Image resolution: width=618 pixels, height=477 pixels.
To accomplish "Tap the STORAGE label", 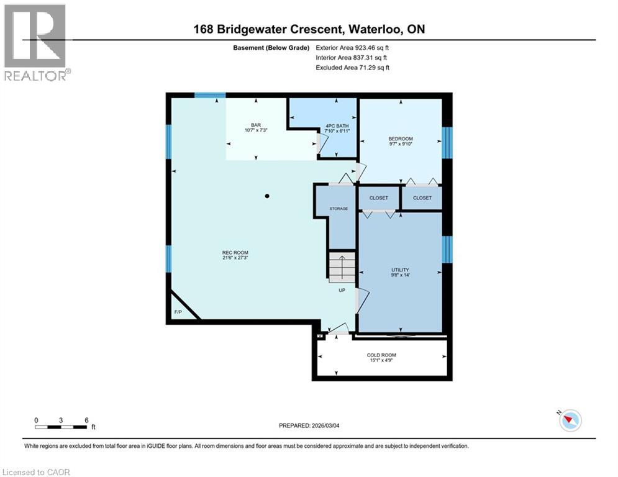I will (x=339, y=209).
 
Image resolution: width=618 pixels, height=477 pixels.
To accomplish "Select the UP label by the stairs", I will (x=342, y=289).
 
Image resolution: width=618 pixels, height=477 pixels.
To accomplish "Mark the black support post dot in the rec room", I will (x=267, y=196).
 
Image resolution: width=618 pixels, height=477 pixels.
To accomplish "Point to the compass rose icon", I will (x=570, y=420).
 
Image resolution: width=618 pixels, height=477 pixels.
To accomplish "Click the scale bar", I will (x=61, y=426).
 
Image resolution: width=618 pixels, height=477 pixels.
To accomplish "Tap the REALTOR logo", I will (x=36, y=42).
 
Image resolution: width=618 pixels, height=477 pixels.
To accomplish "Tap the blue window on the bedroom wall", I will (x=447, y=143).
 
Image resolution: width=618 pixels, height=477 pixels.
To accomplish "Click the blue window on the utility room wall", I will (x=447, y=248).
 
